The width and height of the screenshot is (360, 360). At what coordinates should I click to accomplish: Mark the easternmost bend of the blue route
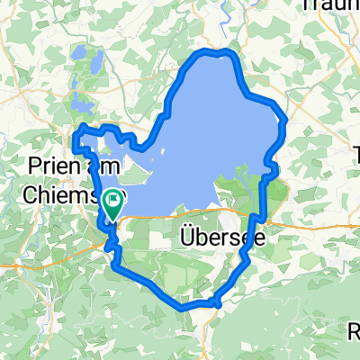pyautogui.click(x=285, y=121)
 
